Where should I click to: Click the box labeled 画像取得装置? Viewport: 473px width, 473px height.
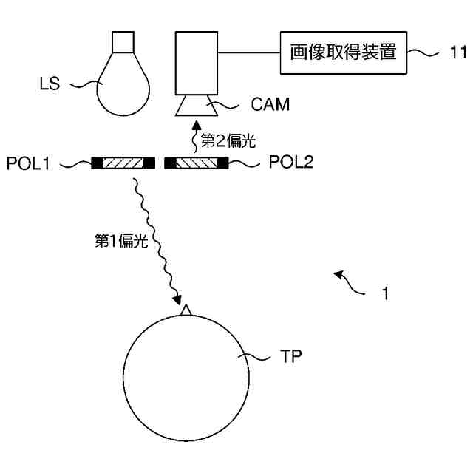[344, 52]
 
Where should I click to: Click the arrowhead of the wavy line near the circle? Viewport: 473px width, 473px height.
[177, 301]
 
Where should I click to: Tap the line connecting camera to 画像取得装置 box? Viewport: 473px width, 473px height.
[249, 52]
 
